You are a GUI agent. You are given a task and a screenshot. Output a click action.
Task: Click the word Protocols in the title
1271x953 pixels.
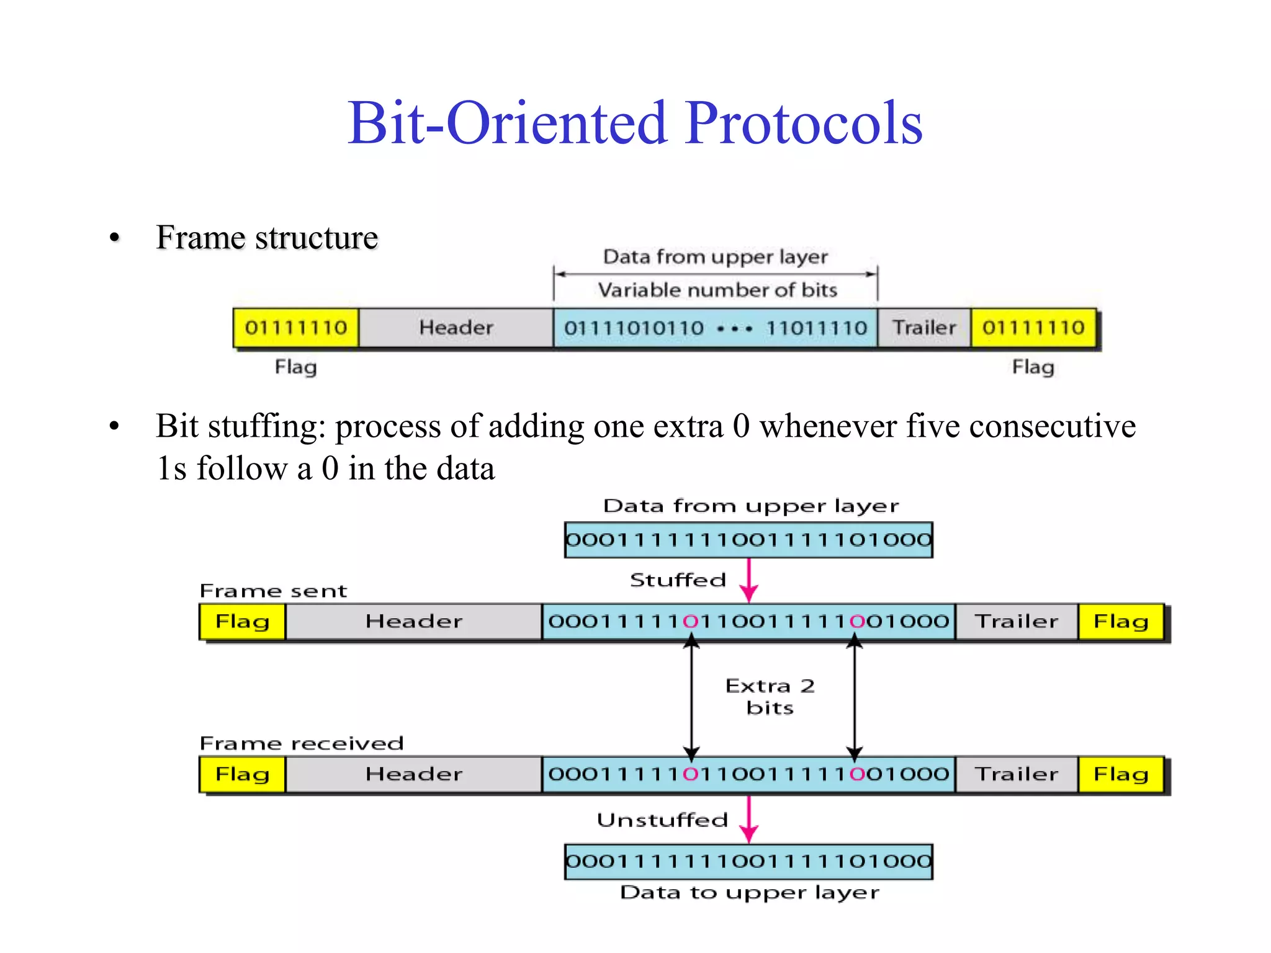click(804, 123)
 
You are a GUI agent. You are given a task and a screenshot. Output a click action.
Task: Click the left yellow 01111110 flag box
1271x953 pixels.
click(295, 328)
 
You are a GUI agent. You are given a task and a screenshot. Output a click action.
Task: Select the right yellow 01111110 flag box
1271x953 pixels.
click(1033, 328)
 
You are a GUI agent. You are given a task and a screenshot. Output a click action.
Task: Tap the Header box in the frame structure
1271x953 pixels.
click(456, 328)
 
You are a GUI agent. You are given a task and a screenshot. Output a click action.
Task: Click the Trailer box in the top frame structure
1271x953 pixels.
click(924, 328)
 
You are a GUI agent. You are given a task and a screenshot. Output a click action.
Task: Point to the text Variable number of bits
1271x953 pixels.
click(717, 290)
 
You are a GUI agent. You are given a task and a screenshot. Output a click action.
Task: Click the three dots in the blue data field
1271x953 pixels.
click(734, 329)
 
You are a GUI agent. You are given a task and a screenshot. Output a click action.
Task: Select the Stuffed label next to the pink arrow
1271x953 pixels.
click(677, 580)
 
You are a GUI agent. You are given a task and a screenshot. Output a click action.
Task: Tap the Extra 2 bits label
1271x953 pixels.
click(770, 696)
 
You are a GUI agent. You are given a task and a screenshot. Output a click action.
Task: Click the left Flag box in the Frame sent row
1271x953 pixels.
click(242, 621)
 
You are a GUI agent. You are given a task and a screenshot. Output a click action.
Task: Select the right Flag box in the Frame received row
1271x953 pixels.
click(1120, 774)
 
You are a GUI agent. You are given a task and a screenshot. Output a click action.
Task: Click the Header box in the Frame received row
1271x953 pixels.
click(413, 774)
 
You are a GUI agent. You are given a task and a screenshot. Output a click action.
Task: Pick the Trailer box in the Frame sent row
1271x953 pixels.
click(1016, 621)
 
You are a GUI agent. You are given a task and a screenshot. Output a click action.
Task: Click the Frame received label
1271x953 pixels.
click(302, 743)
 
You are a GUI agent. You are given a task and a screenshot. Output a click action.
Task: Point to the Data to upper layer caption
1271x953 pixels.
click(749, 893)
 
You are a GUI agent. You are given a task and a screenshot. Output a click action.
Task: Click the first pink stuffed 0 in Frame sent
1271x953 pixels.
click(691, 621)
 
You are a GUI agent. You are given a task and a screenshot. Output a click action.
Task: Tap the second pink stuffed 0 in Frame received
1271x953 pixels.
click(857, 774)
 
